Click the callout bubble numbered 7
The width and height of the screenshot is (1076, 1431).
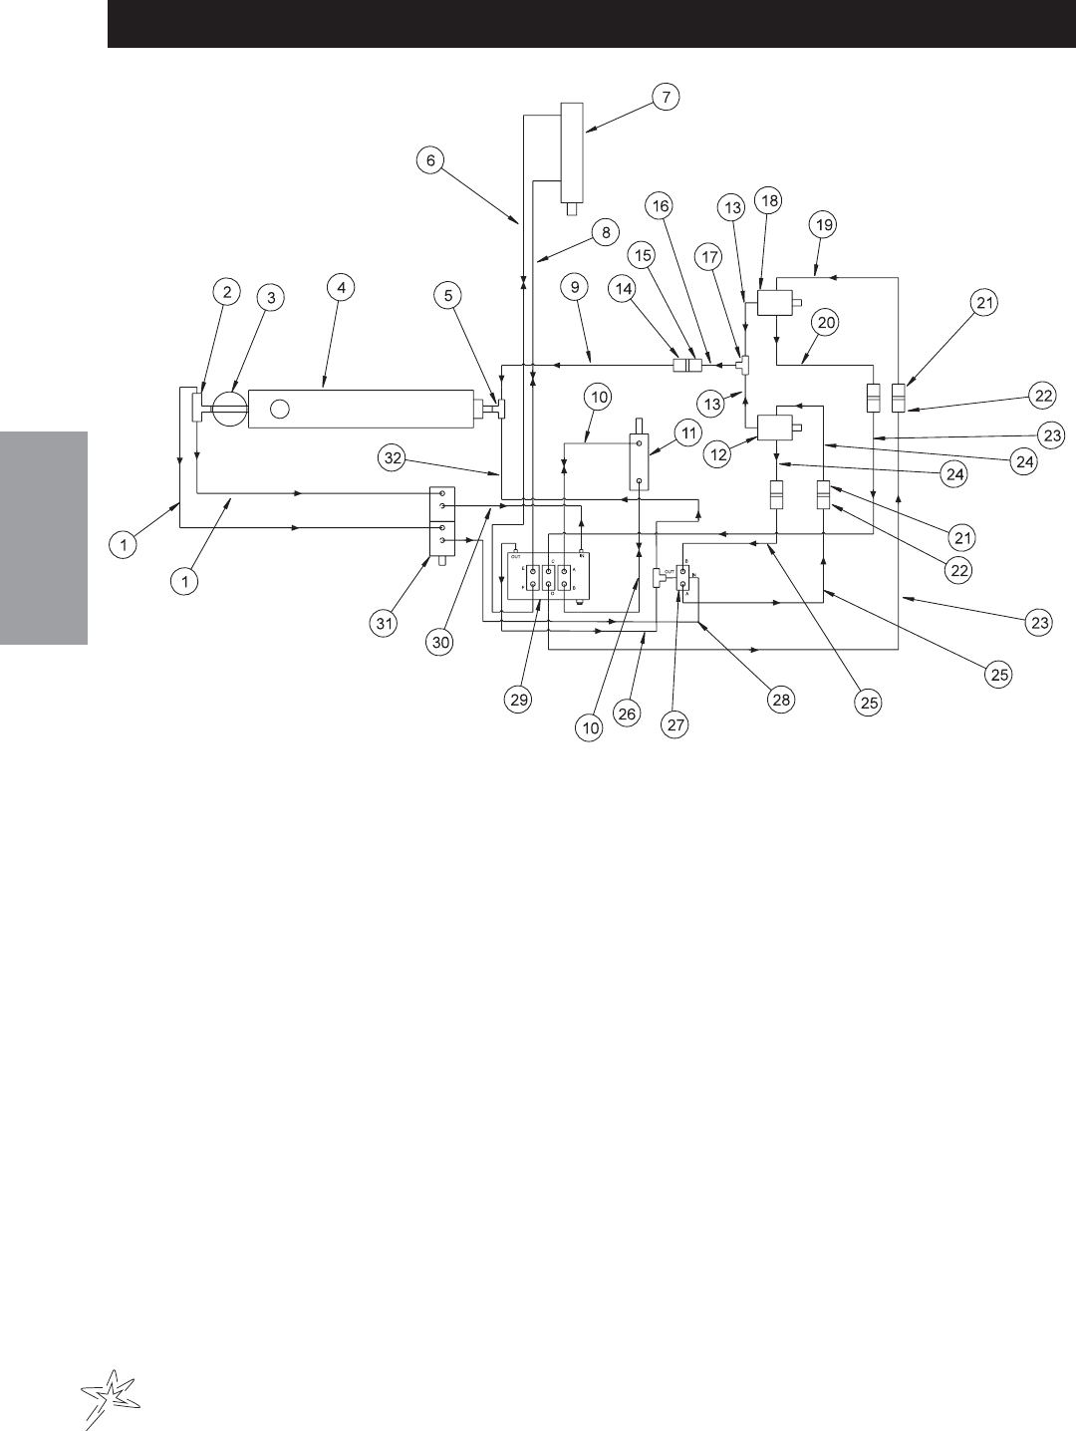tap(667, 97)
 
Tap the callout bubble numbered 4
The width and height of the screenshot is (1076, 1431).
tap(342, 287)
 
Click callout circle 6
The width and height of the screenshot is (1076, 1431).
tap(429, 160)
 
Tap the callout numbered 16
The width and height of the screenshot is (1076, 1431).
tap(662, 205)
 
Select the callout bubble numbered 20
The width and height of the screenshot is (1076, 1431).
tap(824, 322)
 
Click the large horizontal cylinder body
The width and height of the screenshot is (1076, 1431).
tap(359, 409)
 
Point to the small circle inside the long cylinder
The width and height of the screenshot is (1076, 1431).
tap(280, 409)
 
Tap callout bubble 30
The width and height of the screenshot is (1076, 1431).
tap(439, 644)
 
